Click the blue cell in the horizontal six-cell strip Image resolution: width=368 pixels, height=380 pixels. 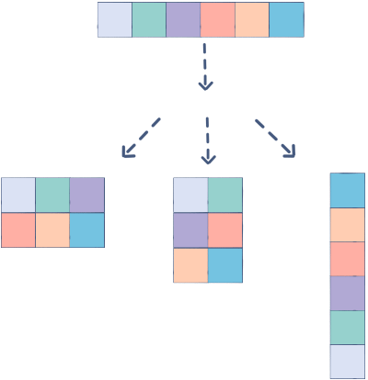coord(287,19)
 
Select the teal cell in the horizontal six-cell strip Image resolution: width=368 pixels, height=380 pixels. coord(149,19)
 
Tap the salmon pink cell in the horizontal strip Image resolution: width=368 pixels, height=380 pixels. coord(217,19)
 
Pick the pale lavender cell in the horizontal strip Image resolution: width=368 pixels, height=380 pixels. coord(115,19)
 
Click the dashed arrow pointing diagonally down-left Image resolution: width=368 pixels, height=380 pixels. coord(141,138)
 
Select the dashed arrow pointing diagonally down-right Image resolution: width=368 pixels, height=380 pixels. coord(276,138)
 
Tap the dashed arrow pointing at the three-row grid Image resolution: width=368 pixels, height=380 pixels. coord(208,140)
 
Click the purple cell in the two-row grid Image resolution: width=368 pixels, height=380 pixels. coord(87,195)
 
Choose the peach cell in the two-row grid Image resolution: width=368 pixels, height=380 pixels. coord(52,229)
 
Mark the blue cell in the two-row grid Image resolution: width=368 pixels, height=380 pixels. coord(87,229)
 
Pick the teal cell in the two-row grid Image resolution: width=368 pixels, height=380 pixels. coord(52,195)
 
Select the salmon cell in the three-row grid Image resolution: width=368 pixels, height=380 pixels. coord(225,230)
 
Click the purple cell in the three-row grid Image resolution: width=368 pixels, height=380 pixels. coord(190,230)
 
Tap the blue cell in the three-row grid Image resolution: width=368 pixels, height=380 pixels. coord(225,265)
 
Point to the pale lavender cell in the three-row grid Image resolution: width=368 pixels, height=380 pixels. coord(190,196)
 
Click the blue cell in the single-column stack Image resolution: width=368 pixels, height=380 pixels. coord(348,190)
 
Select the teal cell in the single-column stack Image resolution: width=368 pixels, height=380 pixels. coord(348,328)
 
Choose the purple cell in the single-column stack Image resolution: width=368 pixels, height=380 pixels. coord(348,294)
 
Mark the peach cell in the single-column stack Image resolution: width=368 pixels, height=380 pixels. coord(348,225)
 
